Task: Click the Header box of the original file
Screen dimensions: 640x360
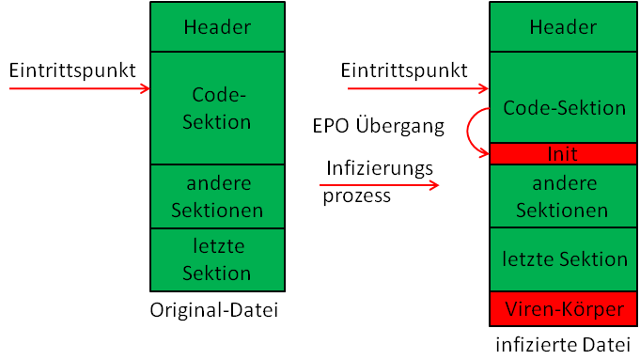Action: click(217, 26)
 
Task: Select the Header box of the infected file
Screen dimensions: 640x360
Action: click(563, 26)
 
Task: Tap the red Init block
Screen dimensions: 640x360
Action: click(563, 154)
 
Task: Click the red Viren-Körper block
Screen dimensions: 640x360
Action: click(563, 309)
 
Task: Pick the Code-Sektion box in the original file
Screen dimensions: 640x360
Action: click(217, 108)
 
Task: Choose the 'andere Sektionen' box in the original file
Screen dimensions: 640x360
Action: click(217, 196)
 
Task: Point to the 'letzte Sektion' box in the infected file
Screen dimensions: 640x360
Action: click(563, 259)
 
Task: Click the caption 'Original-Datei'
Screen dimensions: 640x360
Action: click(214, 310)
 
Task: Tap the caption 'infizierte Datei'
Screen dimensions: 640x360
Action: click(563, 345)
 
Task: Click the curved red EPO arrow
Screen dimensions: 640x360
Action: click(468, 131)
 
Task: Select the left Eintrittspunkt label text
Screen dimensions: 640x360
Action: click(72, 70)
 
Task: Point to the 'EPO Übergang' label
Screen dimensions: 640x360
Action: click(379, 126)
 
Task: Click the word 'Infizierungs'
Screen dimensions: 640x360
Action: click(380, 168)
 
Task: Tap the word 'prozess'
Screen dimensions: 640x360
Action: click(357, 196)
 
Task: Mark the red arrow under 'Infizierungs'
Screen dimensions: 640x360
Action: click(379, 185)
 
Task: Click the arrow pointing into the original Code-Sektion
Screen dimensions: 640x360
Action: click(80, 88)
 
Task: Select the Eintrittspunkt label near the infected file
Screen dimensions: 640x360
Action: click(404, 70)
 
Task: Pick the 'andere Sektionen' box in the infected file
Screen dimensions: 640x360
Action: click(563, 196)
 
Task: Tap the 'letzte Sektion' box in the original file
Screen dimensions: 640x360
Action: click(217, 260)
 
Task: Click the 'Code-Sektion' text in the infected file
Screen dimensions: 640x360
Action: click(565, 108)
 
